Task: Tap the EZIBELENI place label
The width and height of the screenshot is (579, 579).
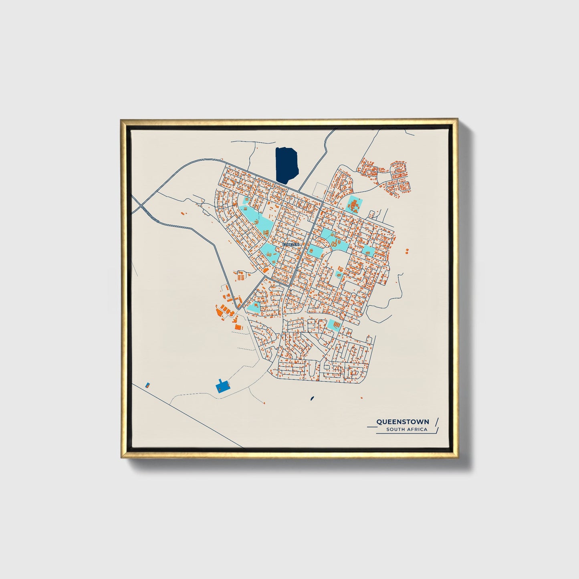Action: coord(288,244)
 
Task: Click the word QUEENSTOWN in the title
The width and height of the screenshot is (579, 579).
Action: coord(402,422)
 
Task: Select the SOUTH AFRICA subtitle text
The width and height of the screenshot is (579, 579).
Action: coord(407,430)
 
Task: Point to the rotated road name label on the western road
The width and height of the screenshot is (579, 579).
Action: coord(150,214)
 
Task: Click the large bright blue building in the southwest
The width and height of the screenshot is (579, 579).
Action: coord(222,386)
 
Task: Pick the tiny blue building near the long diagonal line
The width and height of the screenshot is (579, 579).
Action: coord(147,385)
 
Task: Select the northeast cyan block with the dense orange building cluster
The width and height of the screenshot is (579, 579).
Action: coord(354,205)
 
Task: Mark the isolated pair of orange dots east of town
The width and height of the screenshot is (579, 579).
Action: coord(407,251)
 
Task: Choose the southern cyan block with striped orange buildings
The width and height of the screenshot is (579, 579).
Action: coord(333,324)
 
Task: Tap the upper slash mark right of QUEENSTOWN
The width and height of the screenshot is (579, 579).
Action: coord(436,421)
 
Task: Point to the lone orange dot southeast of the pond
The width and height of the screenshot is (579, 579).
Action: coord(361,397)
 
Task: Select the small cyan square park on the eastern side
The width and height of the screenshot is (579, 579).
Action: coord(369,251)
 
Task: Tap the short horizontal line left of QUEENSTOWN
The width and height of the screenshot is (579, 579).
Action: coord(371,427)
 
